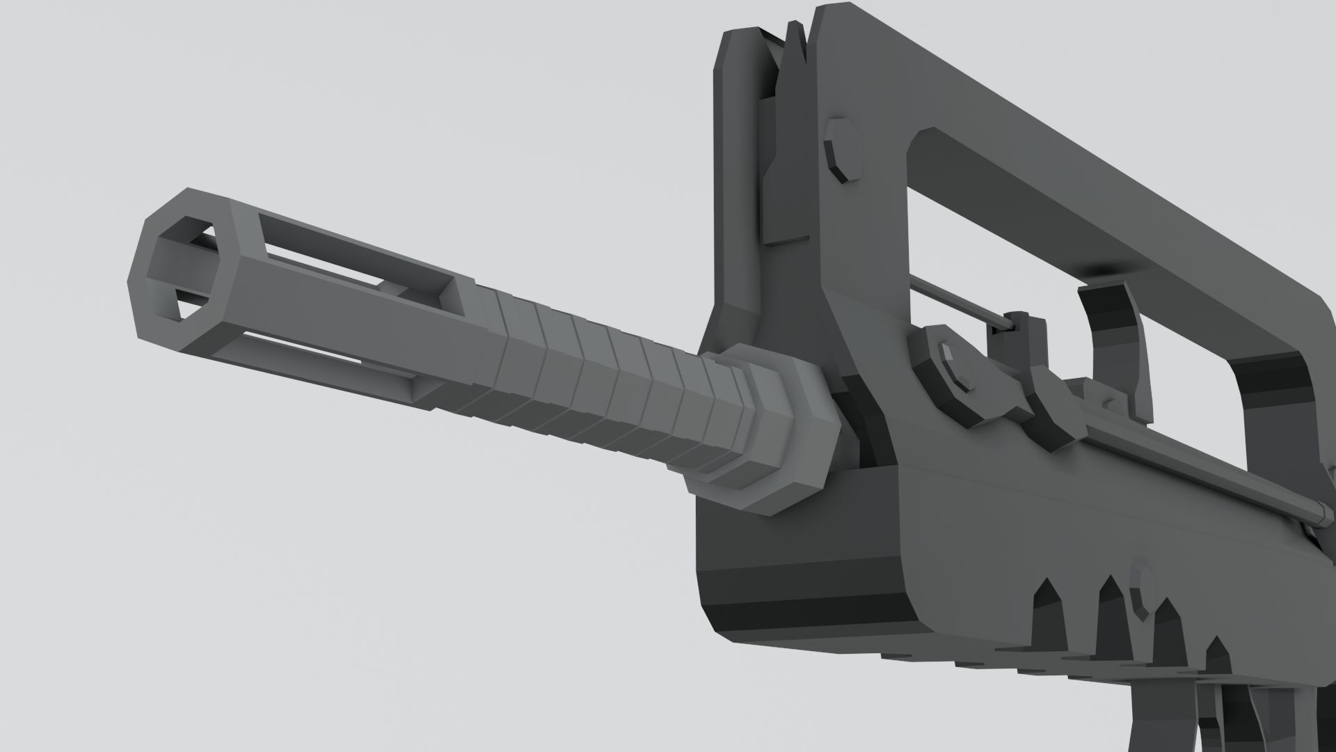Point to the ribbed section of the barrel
(598, 376)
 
